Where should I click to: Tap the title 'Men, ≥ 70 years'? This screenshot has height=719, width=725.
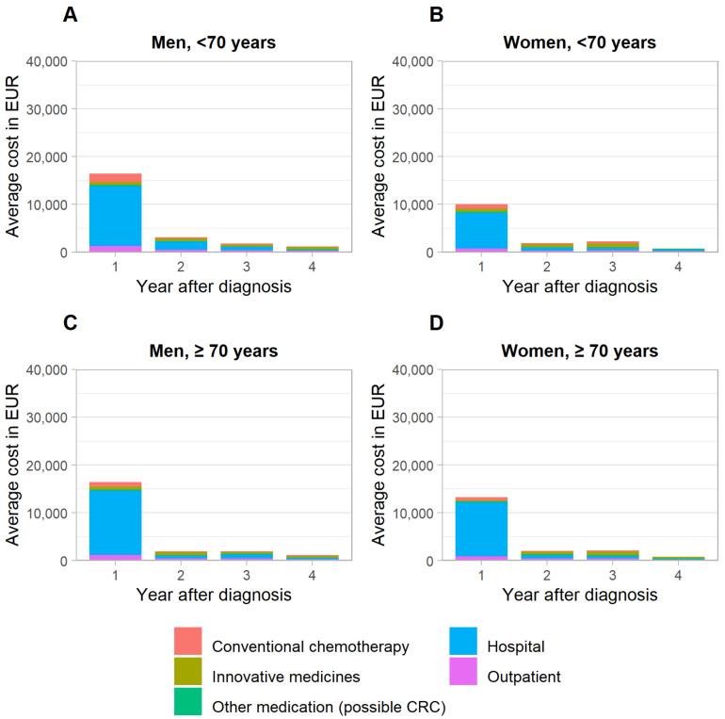click(x=212, y=351)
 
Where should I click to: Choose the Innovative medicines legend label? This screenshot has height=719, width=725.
click(x=284, y=677)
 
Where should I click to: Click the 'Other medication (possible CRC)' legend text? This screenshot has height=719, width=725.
click(x=328, y=707)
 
